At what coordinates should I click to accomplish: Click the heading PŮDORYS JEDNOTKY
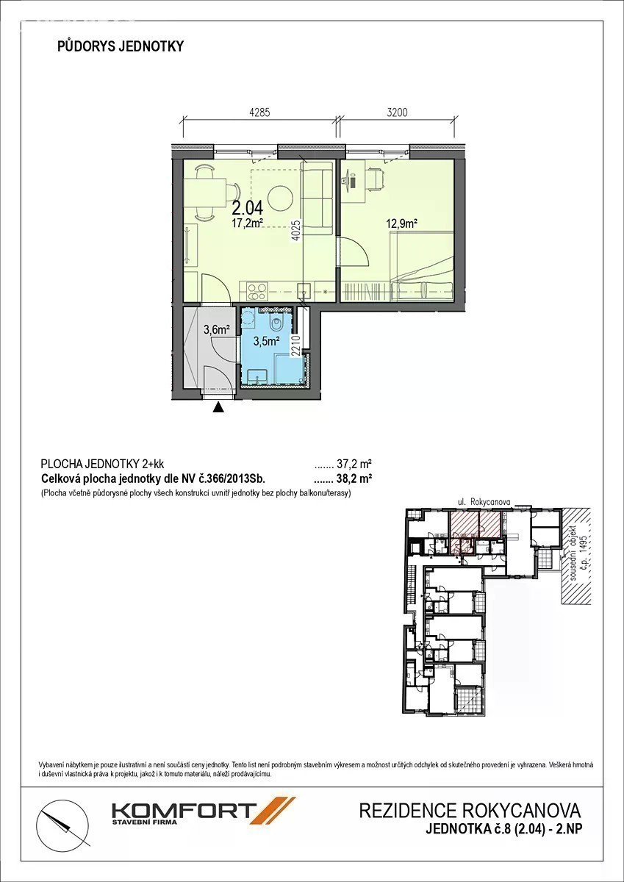tap(121, 46)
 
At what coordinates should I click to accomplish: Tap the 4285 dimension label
tap(259, 112)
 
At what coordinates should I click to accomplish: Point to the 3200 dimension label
tap(397, 112)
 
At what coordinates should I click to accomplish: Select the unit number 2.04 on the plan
tap(248, 207)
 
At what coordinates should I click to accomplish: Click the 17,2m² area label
tap(247, 223)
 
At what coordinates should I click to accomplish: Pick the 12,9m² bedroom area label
tap(401, 224)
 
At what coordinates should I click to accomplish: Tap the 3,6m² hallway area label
tap(217, 329)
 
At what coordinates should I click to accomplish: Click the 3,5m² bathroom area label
tap(267, 341)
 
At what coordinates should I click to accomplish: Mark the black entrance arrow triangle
tap(218, 407)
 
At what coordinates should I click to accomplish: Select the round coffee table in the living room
tap(279, 197)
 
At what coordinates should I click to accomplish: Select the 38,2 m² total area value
tap(354, 478)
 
